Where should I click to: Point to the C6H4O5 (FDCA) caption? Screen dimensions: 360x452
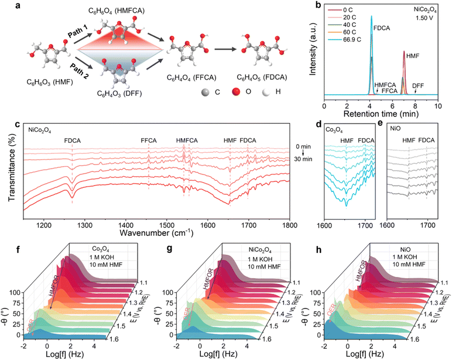click(x=263, y=77)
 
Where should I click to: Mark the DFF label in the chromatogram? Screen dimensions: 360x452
click(x=418, y=85)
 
